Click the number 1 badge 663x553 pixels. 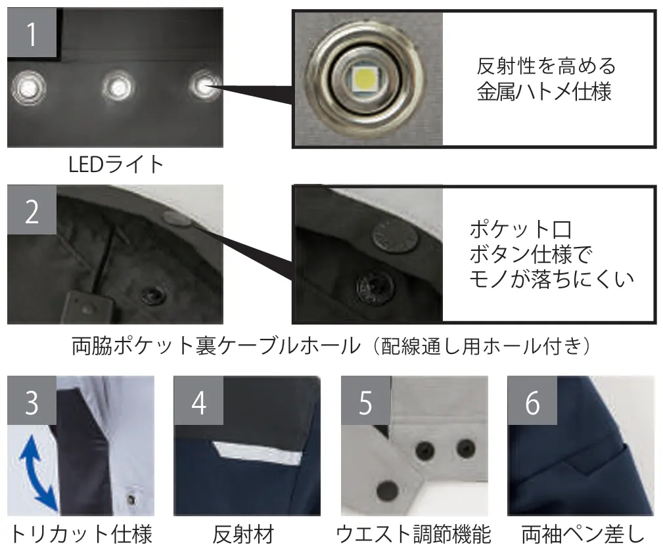[x=32, y=32]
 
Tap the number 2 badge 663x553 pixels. [x=32, y=210]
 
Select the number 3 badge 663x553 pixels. [x=32, y=401]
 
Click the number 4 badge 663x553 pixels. [x=198, y=401]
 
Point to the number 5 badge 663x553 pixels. [x=366, y=401]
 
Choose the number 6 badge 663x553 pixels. [x=532, y=401]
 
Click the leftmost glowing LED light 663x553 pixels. [x=28, y=88]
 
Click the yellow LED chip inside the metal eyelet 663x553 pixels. [x=365, y=78]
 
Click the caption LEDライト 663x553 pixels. [x=116, y=164]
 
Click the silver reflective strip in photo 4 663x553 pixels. [x=258, y=453]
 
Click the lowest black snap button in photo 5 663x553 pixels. [x=386, y=491]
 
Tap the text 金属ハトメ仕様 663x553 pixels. [x=544, y=92]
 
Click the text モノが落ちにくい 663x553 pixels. [x=552, y=279]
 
